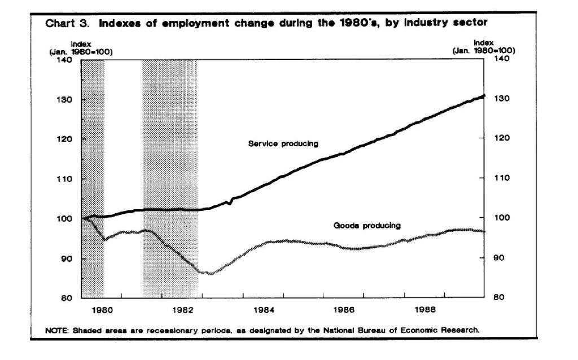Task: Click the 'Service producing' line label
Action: (x=283, y=144)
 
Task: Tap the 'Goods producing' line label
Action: (x=367, y=226)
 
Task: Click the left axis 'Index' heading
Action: (x=81, y=43)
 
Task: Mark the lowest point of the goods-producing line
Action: (x=210, y=273)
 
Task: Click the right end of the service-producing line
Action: (x=484, y=96)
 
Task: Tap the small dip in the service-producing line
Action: (x=230, y=203)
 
